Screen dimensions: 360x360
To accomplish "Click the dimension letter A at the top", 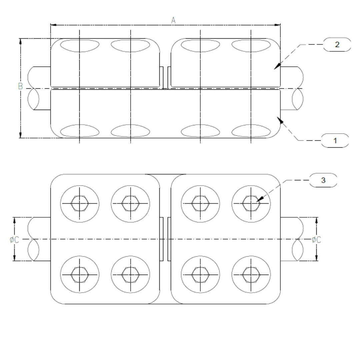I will coord(173,20).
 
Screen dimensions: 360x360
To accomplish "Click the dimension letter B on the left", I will coord(20,86).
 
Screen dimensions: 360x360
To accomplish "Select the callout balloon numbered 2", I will coord(337,44).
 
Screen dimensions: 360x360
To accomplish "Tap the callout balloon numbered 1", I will coord(335,140).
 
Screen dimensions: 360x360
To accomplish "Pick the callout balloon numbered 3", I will coord(323,180).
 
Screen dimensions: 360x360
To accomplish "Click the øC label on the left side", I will coord(14,239).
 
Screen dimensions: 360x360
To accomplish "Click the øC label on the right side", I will coord(316,239).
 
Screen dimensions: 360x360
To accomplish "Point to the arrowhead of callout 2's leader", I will coord(276,68).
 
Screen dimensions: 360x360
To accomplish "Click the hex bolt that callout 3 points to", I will coord(251,203).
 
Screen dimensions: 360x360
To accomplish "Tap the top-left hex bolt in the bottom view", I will coord(80,203).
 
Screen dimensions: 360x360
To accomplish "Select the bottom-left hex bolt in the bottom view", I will coord(80,274).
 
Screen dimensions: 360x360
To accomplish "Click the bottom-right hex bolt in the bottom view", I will coord(251,274).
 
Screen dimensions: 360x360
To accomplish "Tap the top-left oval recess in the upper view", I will coord(80,46).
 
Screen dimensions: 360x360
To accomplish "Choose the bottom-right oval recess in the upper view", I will coord(251,131).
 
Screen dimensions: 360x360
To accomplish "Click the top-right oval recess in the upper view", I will coord(251,46).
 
